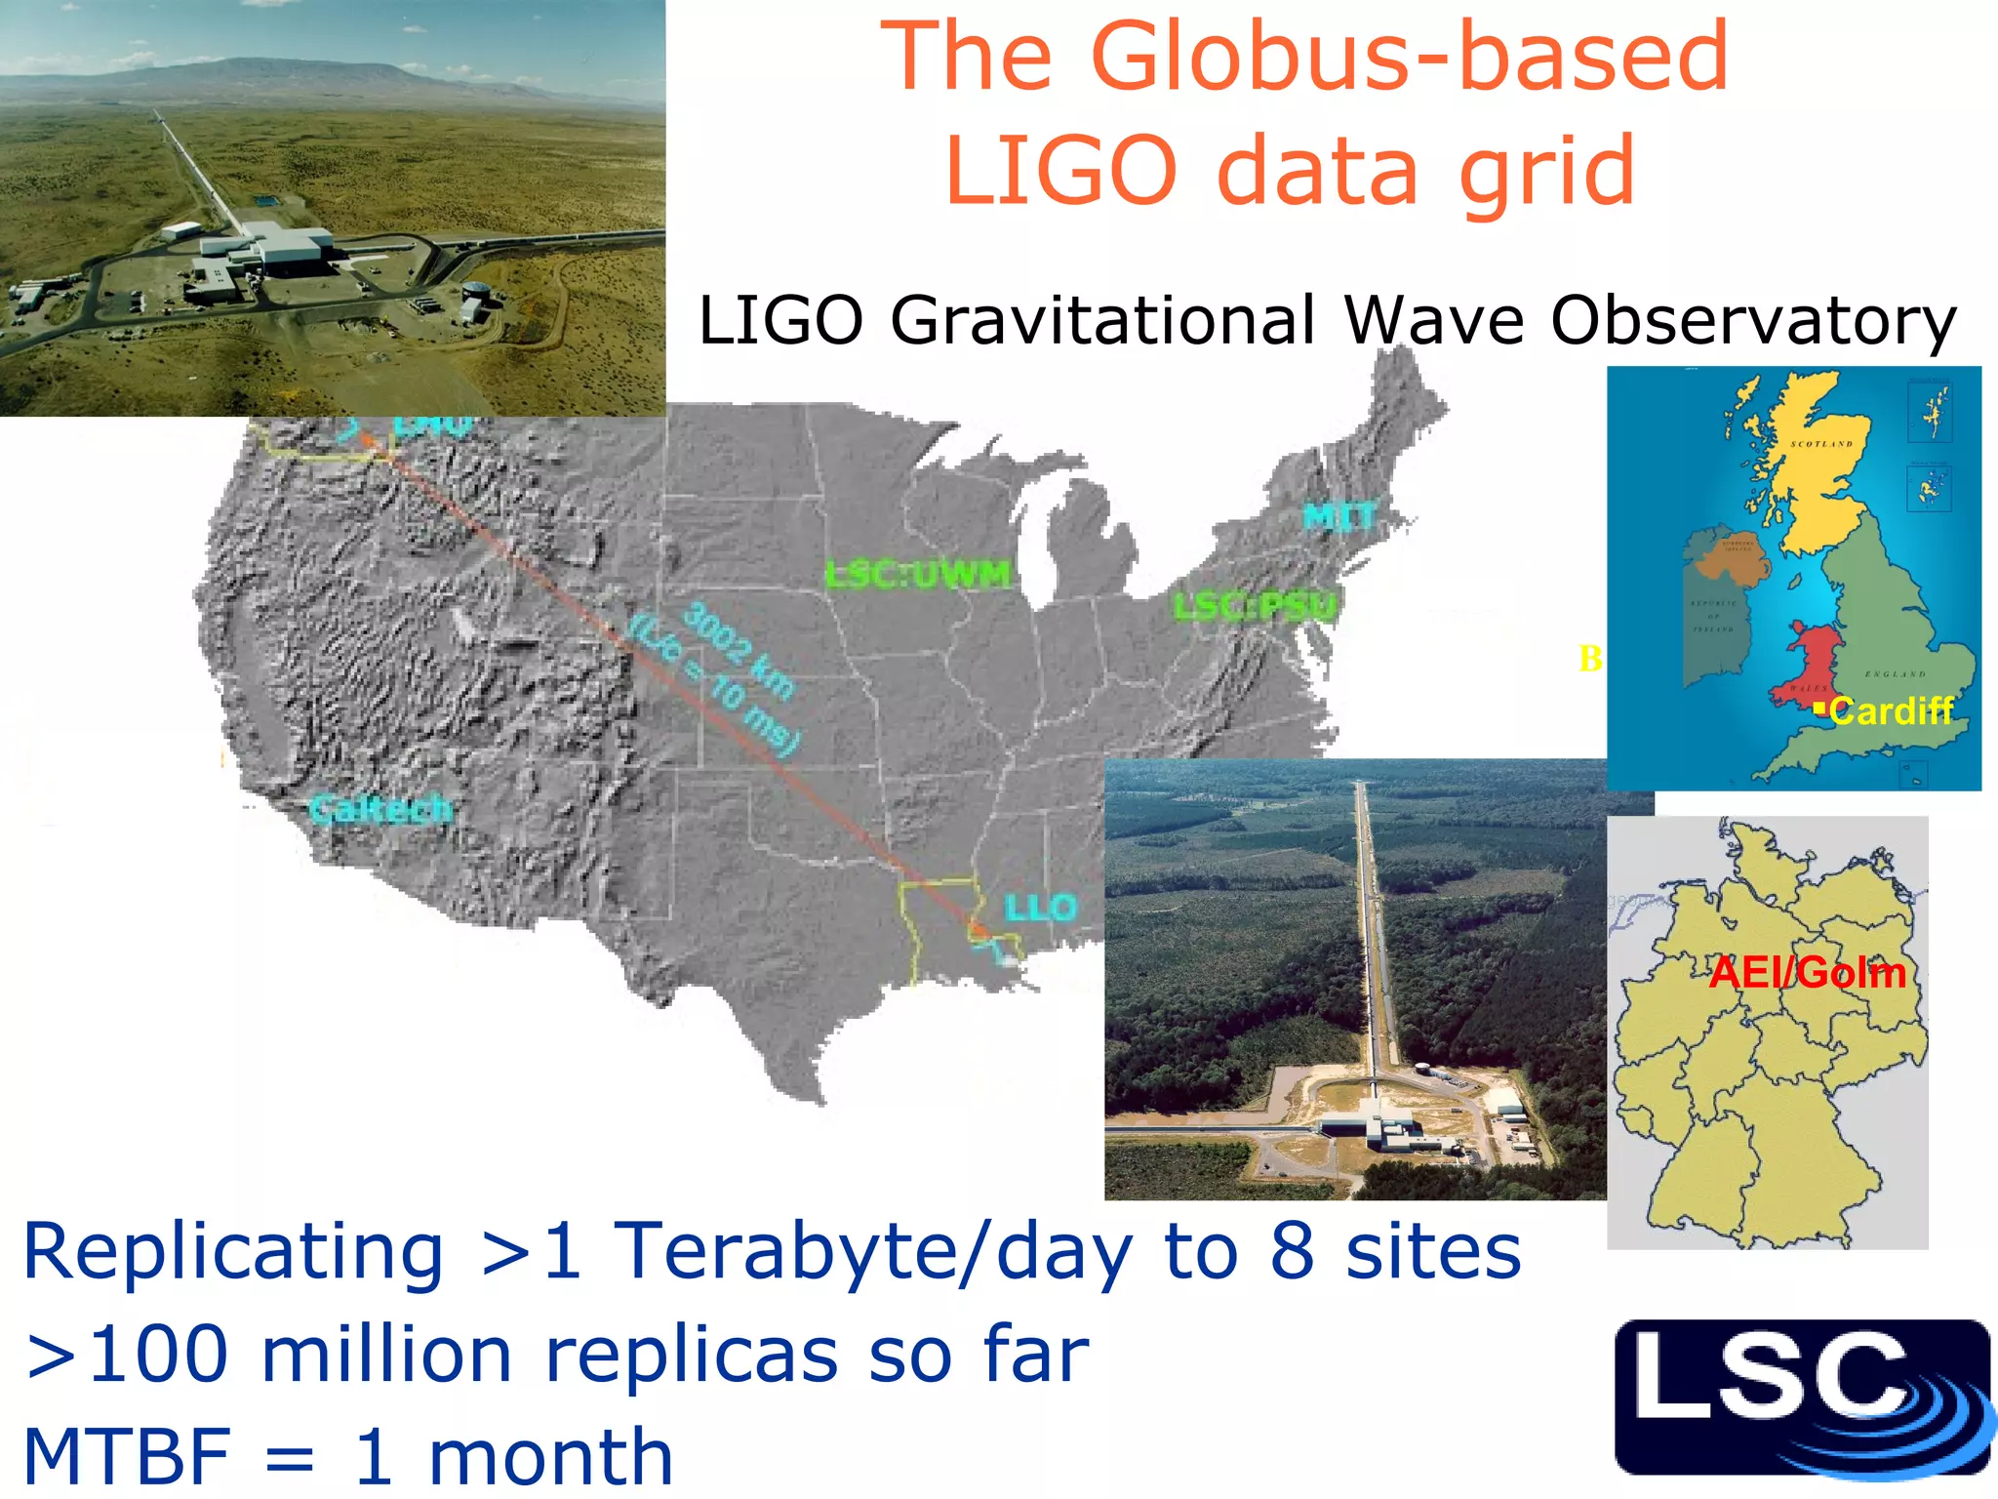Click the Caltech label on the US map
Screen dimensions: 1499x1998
pos(381,809)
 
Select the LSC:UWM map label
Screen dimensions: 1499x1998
pos(918,575)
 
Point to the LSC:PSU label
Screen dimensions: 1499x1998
pos(1255,607)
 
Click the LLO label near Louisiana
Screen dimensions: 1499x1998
pos(1041,909)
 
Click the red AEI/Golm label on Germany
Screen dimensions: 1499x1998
pos(1808,973)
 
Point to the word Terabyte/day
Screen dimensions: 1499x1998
pos(873,1251)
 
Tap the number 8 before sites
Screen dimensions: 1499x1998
pos(1292,1251)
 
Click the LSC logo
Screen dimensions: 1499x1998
pos(1801,1398)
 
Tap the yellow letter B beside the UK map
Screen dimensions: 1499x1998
pos(1590,659)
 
